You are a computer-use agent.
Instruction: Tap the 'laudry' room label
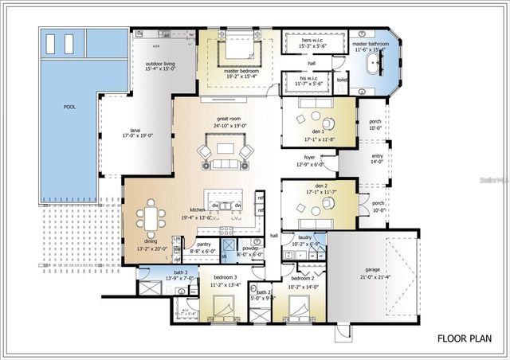(x=305, y=237)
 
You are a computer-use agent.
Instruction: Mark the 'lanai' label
(x=135, y=129)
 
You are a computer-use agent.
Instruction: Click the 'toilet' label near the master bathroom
(x=342, y=80)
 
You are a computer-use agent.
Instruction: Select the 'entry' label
(x=377, y=155)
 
